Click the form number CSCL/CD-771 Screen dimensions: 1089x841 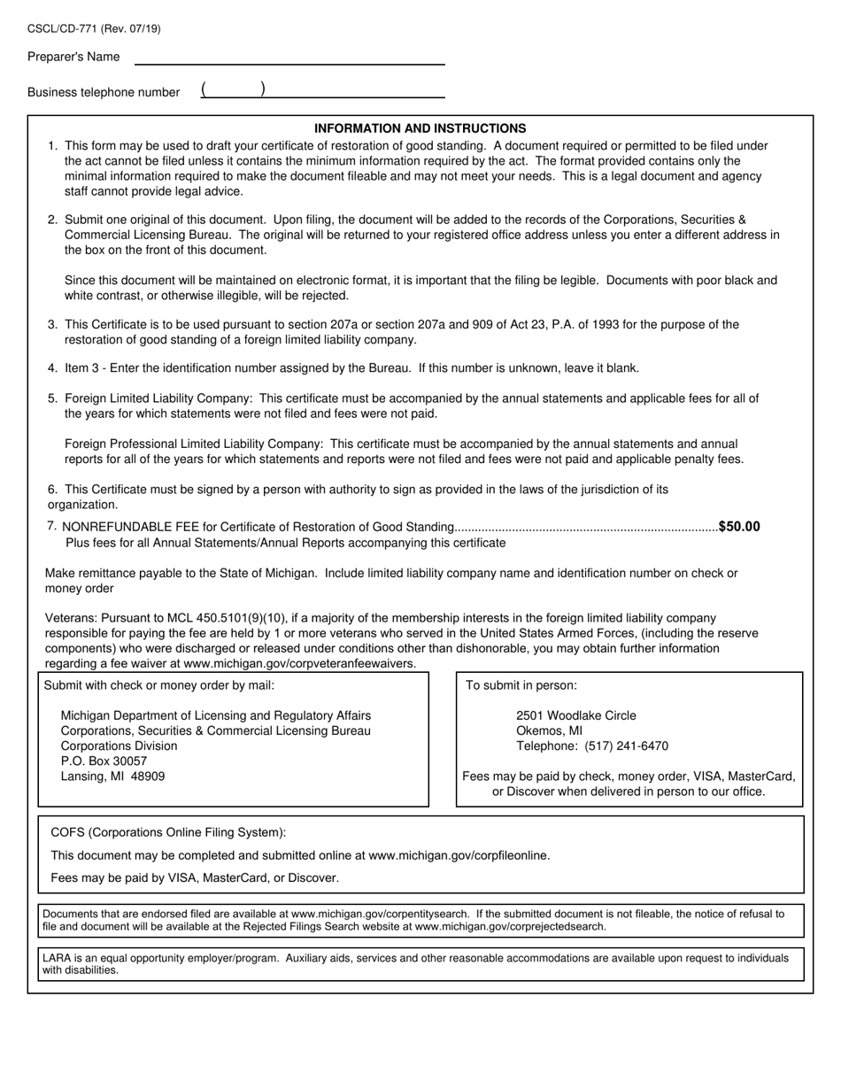62,29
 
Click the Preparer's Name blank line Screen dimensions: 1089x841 289,58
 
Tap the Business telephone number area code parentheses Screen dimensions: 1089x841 233,89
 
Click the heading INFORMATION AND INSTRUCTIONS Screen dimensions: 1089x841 420,128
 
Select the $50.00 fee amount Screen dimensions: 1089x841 739,527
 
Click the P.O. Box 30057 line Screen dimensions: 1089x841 104,761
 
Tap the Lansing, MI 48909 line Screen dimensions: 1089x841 112,776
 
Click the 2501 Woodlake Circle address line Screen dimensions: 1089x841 575,715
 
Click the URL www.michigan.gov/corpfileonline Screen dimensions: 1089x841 459,856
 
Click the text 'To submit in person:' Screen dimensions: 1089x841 521,685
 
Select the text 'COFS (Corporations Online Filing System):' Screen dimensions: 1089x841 168,833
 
